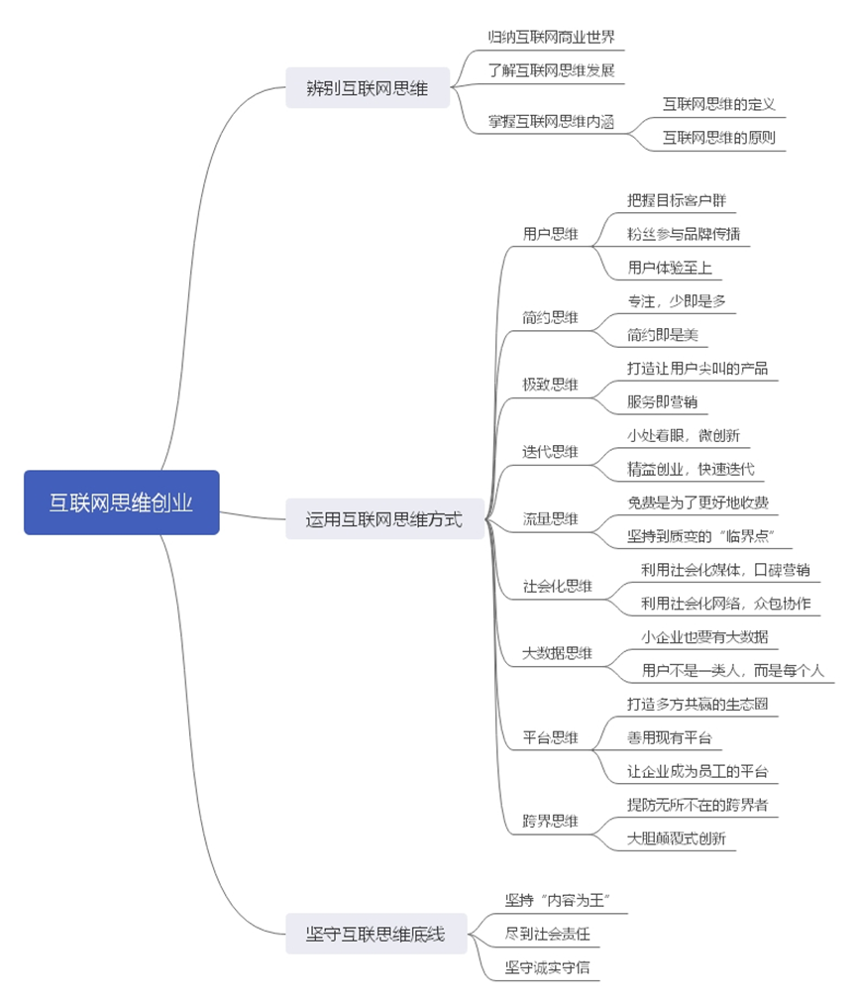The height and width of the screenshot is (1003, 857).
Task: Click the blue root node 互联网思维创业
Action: (121, 502)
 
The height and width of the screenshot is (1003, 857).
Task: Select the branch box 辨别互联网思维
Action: (368, 88)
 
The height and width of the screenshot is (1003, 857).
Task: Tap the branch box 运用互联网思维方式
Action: (383, 518)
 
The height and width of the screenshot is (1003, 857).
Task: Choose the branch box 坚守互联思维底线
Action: (375, 934)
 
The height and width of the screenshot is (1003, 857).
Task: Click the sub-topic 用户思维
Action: (551, 235)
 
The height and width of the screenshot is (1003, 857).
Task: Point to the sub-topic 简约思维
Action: (551, 317)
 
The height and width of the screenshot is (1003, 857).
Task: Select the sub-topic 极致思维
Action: (551, 385)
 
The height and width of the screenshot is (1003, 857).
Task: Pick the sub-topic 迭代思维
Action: (551, 451)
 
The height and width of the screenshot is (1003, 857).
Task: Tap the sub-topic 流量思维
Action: (551, 518)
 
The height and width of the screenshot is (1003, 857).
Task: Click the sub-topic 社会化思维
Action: (558, 586)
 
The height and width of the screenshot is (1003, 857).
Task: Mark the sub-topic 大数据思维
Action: (558, 653)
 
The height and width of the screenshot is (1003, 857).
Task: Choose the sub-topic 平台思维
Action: (551, 737)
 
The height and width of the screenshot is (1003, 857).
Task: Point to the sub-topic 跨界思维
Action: (551, 822)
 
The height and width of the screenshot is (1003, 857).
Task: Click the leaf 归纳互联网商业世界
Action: (551, 38)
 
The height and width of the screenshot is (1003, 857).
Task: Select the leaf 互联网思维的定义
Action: (718, 104)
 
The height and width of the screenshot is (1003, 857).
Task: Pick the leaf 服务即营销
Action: (662, 401)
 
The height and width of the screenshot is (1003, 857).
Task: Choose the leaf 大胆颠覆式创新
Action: (677, 838)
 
